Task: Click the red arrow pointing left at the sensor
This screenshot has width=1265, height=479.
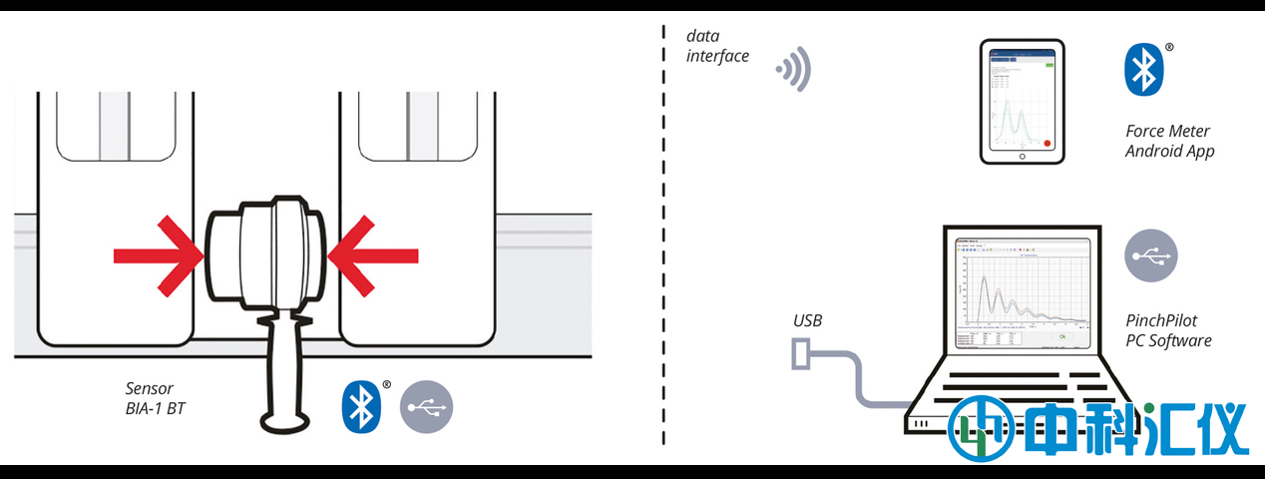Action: (373, 255)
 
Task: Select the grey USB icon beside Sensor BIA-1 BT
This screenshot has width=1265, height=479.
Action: (426, 406)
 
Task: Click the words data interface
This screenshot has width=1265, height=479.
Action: (717, 46)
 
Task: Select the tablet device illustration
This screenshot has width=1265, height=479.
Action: (1022, 102)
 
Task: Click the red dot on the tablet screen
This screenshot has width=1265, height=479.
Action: (1047, 143)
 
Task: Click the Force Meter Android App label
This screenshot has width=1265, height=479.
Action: (1168, 141)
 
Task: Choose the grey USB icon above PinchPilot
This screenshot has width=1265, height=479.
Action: (1151, 255)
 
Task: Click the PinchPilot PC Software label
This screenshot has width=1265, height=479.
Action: (1167, 330)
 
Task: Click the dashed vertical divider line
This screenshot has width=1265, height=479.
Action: (664, 239)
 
